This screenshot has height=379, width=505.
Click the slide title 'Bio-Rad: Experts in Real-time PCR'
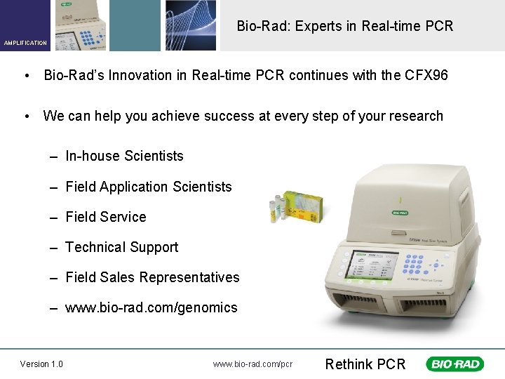[x=344, y=26]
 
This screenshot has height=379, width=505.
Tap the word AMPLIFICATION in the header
[x=25, y=43]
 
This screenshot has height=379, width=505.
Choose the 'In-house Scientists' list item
[x=124, y=156]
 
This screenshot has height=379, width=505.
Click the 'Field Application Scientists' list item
[x=148, y=187]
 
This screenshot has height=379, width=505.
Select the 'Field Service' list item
[x=105, y=217]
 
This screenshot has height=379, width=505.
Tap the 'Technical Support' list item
[x=121, y=247]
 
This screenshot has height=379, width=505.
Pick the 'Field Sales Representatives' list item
[x=152, y=277]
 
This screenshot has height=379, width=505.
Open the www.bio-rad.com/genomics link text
[x=151, y=307]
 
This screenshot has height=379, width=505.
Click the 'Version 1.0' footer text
[x=41, y=364]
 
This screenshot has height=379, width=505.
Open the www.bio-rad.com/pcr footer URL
[x=252, y=364]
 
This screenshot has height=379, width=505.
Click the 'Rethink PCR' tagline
[x=365, y=364]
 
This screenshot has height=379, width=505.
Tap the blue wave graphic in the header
[x=191, y=25]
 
